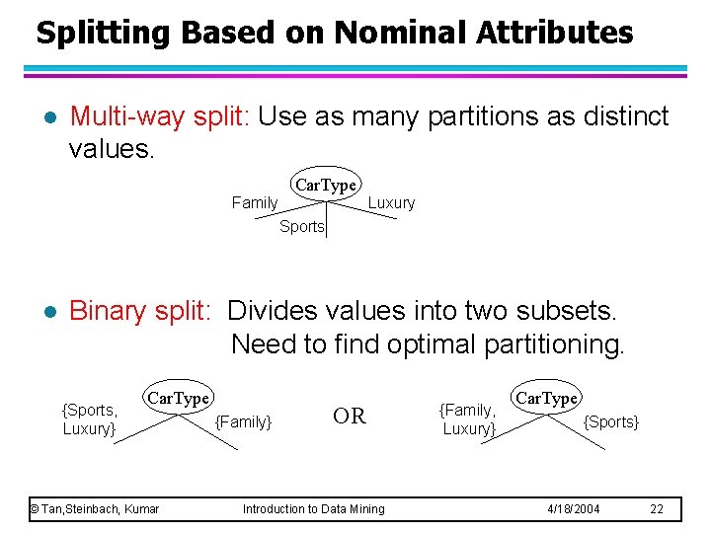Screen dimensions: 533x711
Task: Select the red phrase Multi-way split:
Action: [x=162, y=116]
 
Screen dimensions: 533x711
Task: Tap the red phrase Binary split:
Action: [x=140, y=311]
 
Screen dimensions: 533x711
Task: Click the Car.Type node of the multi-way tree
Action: [x=326, y=186]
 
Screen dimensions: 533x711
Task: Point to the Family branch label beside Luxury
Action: [x=255, y=202]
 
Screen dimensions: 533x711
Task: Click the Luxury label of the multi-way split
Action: [x=391, y=202]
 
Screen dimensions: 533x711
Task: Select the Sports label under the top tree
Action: [x=301, y=226]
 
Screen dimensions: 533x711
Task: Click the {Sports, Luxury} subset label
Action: [x=89, y=419]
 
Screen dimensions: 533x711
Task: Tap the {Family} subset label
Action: [x=243, y=421]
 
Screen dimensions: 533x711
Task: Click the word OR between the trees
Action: [x=350, y=417]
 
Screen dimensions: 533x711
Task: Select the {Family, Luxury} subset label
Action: [x=468, y=419]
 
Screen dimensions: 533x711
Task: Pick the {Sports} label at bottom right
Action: [x=611, y=421]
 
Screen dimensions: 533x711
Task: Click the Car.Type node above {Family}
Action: [x=178, y=398]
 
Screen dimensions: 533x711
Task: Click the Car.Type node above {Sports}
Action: [x=547, y=398]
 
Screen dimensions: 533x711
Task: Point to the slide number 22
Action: [x=657, y=508]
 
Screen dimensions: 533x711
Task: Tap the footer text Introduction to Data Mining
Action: [x=314, y=508]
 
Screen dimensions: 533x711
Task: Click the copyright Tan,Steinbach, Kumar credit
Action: [x=94, y=508]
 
